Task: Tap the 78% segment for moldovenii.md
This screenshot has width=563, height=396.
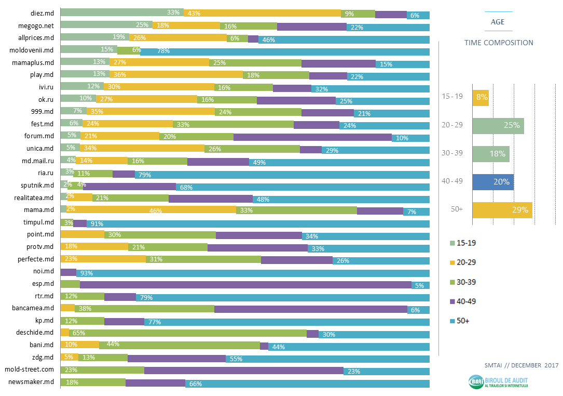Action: (x=285, y=51)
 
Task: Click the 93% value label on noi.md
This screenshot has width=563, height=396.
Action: (x=86, y=273)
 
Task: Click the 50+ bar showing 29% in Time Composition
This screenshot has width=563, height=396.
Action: (x=502, y=210)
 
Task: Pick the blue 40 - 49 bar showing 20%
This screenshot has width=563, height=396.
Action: (x=493, y=182)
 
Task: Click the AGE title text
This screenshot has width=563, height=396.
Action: (x=498, y=22)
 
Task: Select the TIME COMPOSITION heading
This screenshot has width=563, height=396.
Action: (x=498, y=43)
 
